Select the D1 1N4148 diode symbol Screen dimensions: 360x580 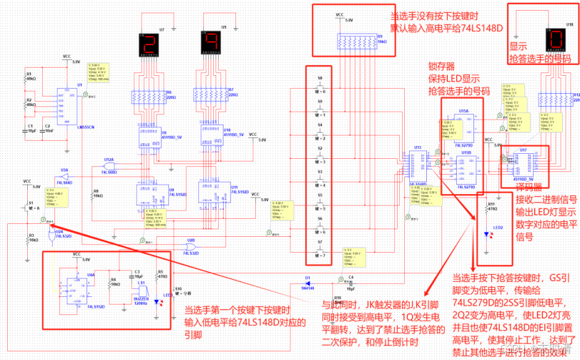coord(308,280)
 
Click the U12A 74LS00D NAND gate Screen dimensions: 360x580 coord(109,167)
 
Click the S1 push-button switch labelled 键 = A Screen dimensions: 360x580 coord(30,208)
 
